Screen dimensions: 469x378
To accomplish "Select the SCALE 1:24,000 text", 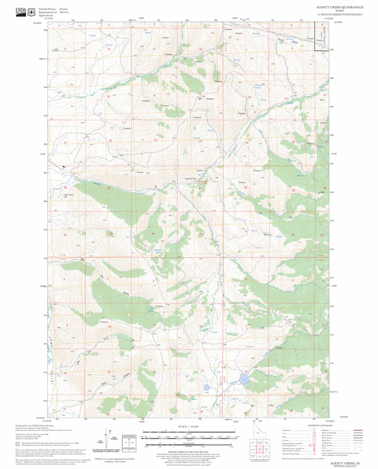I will click(189, 426).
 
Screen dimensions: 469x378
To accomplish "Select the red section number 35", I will click(153, 234).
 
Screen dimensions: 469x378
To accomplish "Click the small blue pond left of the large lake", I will click(205, 387).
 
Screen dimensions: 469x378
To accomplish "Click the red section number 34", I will click(111, 234).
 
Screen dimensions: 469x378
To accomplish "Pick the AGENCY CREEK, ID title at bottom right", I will click(346, 463).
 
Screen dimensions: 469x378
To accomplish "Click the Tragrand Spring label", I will click(159, 251).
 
